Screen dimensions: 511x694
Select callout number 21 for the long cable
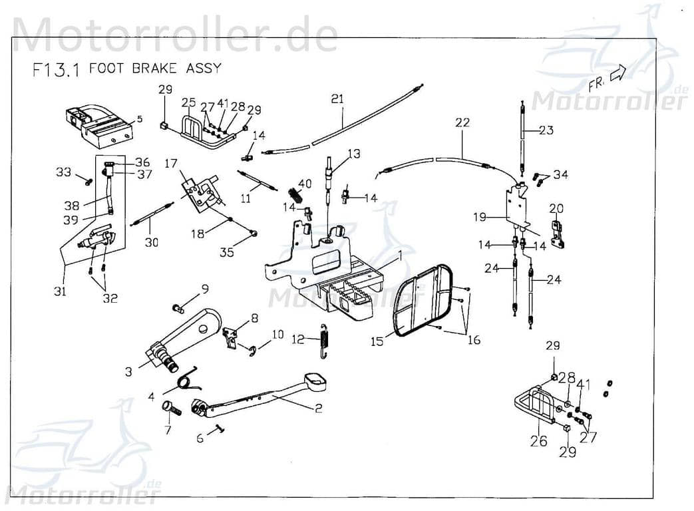click(337, 99)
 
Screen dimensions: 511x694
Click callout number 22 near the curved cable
click(462, 122)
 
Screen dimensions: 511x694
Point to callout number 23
click(546, 130)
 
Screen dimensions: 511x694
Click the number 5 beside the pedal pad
click(139, 120)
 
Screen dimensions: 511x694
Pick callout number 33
click(63, 172)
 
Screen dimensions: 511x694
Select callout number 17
click(171, 163)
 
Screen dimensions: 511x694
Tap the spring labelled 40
click(297, 195)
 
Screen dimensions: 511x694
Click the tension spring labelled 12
click(324, 339)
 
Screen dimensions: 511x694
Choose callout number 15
click(377, 341)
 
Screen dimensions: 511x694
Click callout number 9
click(205, 289)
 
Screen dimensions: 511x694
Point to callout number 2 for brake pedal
click(318, 409)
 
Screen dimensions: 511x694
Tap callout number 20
click(556, 208)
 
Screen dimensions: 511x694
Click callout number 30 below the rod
click(152, 243)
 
